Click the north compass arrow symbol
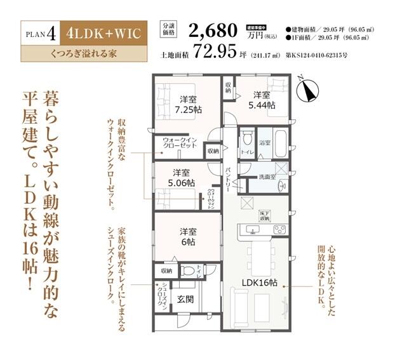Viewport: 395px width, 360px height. click(307, 91)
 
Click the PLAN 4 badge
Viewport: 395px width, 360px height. click(43, 33)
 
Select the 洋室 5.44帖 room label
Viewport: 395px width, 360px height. click(262, 100)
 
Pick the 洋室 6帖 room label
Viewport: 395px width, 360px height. click(187, 237)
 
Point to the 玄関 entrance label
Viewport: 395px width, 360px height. click(185, 299)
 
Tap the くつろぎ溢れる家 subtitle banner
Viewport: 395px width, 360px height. click(83, 55)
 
